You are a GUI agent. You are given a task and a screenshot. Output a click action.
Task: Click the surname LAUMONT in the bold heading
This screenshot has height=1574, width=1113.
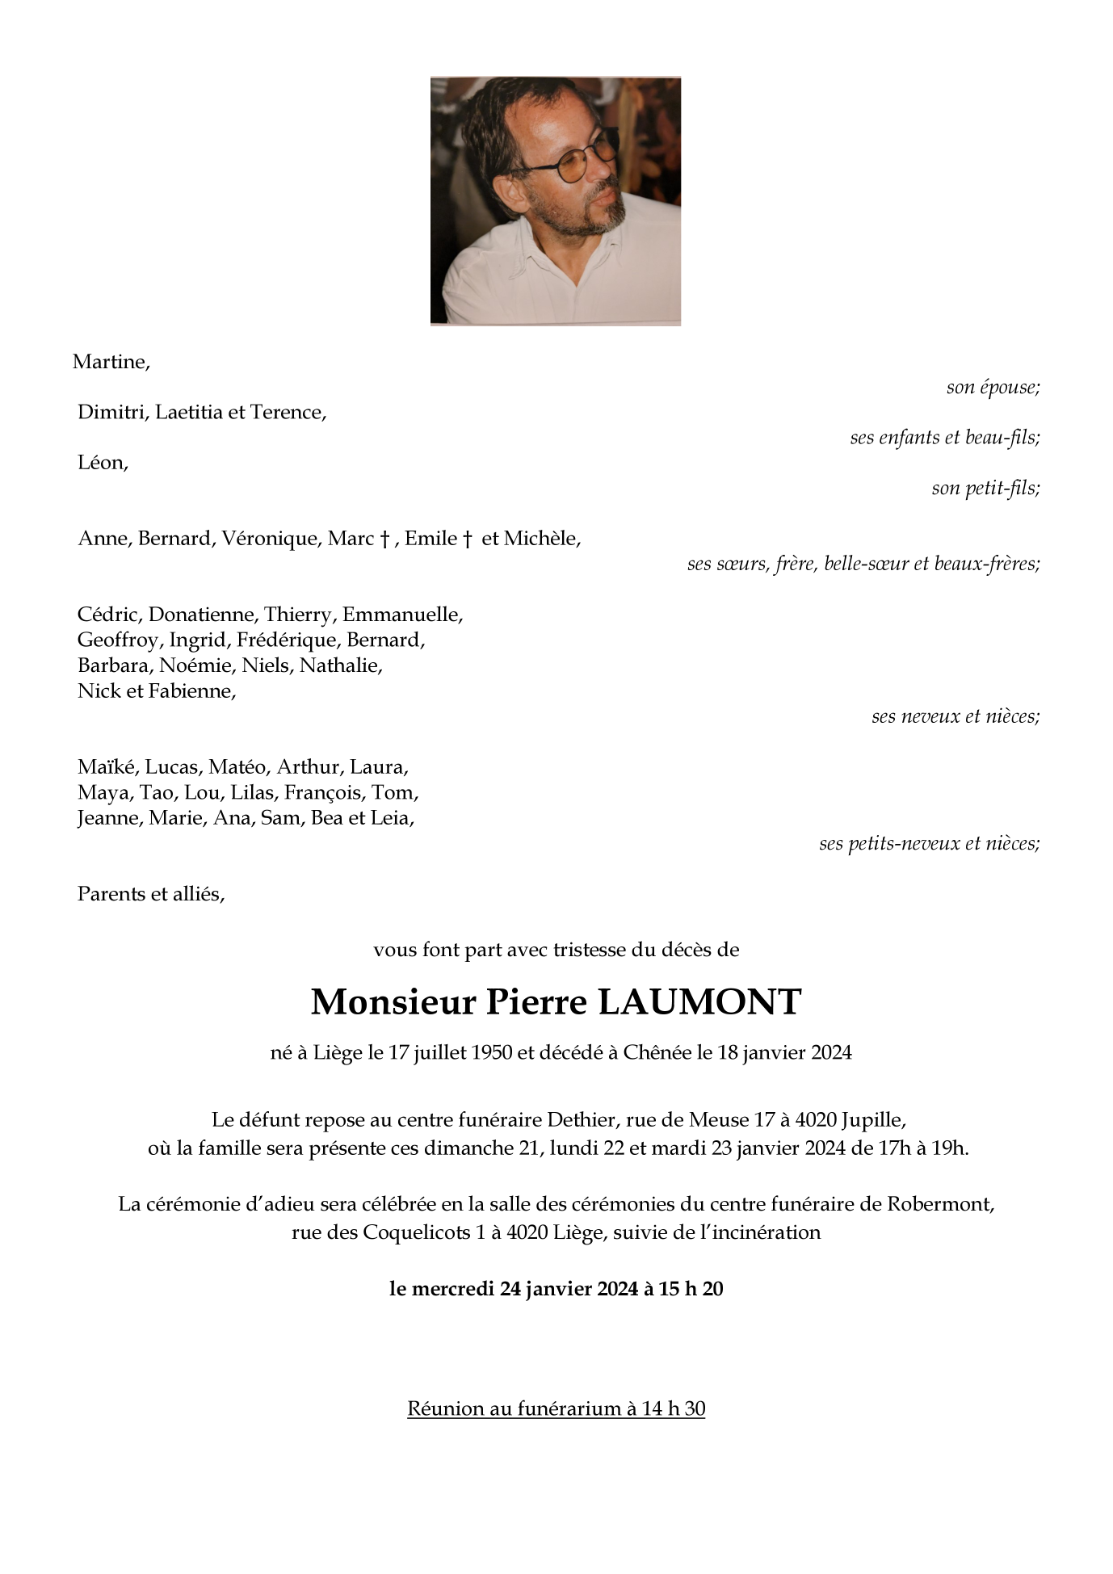tap(699, 1002)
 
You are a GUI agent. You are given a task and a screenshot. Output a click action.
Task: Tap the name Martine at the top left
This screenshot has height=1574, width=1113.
tap(111, 362)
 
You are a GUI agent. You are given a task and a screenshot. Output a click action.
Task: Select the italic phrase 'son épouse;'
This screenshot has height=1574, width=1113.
tap(993, 388)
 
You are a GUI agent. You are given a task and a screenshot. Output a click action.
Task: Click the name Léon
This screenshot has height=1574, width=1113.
tap(102, 464)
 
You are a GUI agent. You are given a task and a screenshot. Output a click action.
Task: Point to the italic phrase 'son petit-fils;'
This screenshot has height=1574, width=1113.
tap(985, 489)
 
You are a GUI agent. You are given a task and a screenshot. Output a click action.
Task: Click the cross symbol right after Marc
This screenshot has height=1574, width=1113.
tap(385, 539)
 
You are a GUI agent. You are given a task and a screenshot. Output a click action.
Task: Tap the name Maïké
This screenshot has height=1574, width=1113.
tap(107, 767)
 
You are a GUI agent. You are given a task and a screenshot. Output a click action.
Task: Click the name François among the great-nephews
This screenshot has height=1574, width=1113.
tap(322, 793)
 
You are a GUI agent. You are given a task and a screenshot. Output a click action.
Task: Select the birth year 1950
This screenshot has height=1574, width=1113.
tap(492, 1053)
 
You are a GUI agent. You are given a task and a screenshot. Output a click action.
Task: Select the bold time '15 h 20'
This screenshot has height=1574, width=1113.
tap(691, 1289)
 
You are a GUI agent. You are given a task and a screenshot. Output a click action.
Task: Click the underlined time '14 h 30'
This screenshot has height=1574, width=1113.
tap(674, 1409)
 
